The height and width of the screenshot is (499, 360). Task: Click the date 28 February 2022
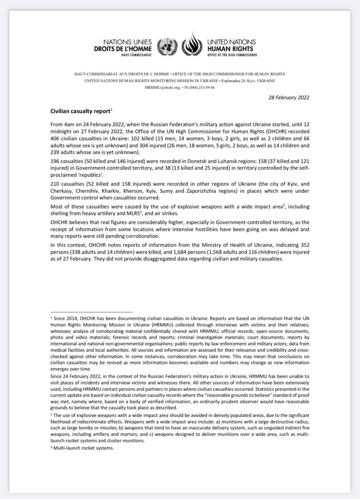coord(285,97)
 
